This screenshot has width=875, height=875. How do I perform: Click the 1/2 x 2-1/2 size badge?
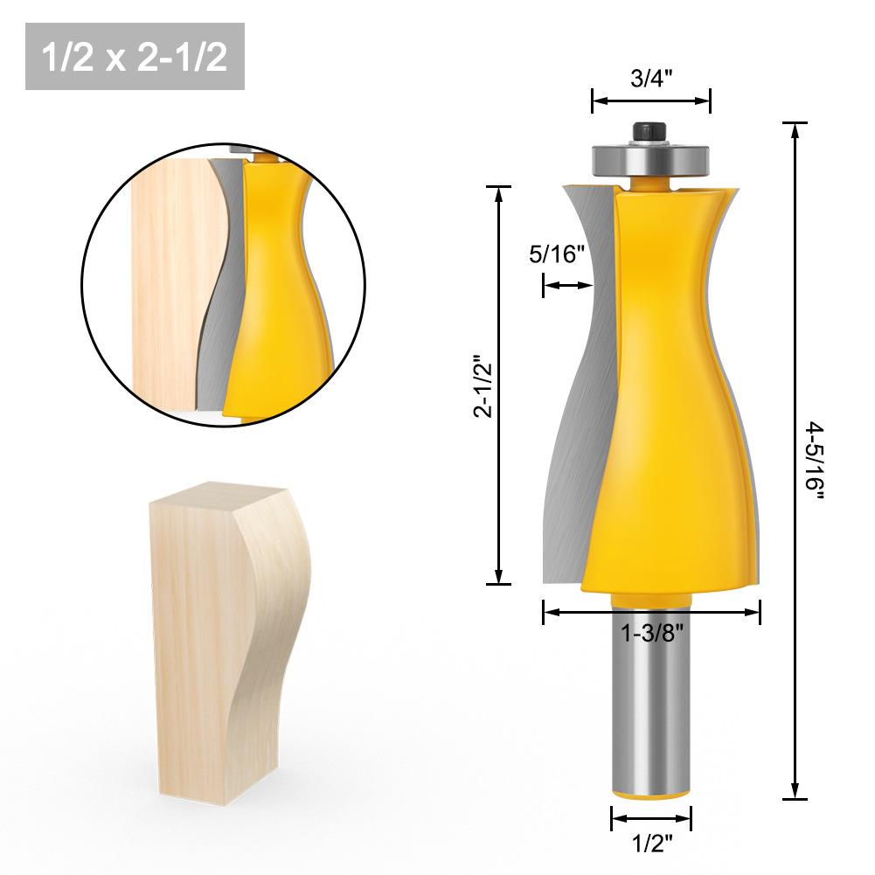pos(135,57)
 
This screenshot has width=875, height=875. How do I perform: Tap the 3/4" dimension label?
pos(650,79)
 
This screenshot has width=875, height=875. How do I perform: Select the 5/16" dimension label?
pos(557,255)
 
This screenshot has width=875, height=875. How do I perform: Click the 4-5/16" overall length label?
pos(816,458)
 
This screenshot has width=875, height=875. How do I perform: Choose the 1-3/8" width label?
pos(651,635)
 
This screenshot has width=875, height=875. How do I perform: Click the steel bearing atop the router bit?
pos(651,160)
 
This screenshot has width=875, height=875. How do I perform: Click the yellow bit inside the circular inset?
pos(280,288)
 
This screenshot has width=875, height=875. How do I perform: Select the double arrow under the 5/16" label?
pos(567,285)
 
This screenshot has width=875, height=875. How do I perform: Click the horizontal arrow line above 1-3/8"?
pos(651,613)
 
